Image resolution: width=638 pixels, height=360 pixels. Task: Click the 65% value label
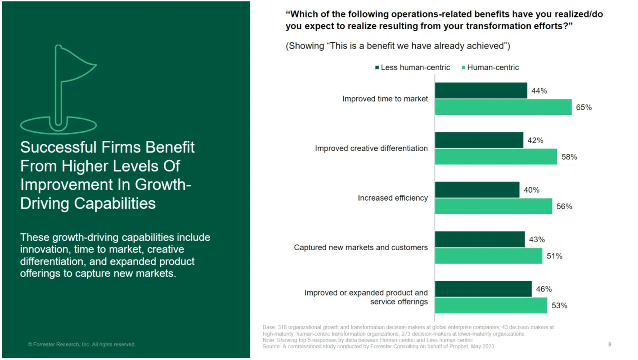click(584, 108)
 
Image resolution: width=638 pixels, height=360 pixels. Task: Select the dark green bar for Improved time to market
click(481, 90)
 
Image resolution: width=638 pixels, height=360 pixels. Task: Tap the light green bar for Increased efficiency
click(493, 207)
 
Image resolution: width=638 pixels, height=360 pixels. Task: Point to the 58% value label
click(569, 157)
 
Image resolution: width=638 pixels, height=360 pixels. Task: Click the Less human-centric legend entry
click(412, 67)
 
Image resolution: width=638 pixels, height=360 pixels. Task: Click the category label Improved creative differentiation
click(371, 148)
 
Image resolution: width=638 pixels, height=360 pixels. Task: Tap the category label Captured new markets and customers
click(361, 247)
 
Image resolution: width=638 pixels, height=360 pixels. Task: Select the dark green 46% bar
click(483, 289)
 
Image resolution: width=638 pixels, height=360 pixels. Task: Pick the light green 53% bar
click(490, 306)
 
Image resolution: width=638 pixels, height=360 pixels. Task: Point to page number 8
click(610, 345)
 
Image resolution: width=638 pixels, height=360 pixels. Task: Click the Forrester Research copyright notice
click(81, 345)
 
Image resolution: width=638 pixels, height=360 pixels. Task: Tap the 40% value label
click(531, 190)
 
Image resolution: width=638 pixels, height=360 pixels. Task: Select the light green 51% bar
click(488, 256)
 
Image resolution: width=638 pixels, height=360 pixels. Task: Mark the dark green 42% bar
click(479, 140)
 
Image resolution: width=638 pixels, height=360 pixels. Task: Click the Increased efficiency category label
click(393, 198)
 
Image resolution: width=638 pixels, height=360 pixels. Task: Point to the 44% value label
click(539, 91)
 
